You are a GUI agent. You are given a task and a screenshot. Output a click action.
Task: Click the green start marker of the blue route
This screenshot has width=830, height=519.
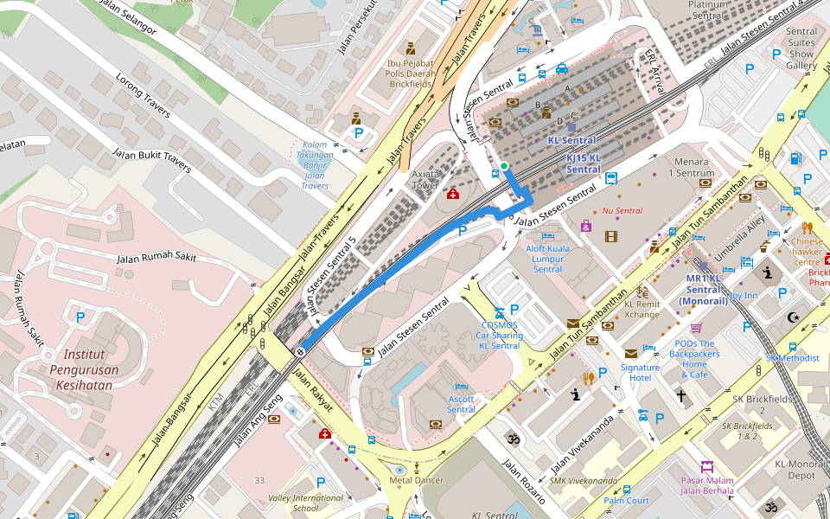click(504, 165)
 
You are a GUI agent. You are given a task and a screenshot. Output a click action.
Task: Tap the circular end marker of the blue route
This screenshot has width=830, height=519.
click(299, 352)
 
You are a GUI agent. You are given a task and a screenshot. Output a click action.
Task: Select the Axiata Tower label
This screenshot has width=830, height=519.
click(426, 179)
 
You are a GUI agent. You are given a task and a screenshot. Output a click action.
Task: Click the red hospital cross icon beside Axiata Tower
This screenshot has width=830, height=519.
click(453, 194)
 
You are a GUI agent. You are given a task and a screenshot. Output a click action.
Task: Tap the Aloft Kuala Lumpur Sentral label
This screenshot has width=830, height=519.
click(547, 259)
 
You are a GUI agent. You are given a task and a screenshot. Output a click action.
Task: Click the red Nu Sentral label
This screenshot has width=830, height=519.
click(622, 211)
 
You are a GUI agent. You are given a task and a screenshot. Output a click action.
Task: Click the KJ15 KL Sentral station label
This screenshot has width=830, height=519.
click(584, 163)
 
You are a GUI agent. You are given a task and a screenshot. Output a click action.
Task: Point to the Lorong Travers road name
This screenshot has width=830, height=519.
click(143, 95)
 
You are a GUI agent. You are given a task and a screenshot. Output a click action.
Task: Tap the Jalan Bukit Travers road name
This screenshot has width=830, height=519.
click(151, 161)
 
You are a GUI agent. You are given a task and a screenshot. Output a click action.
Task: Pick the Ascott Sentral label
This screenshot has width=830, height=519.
click(461, 404)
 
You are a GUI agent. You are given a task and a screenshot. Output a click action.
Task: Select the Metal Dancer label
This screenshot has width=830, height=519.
click(416, 480)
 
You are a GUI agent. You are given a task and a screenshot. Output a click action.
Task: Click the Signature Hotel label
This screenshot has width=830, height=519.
click(640, 373)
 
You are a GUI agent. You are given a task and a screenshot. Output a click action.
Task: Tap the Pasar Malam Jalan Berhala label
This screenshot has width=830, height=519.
click(707, 486)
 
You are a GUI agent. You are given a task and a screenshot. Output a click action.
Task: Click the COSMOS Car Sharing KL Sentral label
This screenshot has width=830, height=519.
click(499, 336)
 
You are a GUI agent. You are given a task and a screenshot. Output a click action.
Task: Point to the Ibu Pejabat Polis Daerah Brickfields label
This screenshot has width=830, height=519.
click(409, 74)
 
